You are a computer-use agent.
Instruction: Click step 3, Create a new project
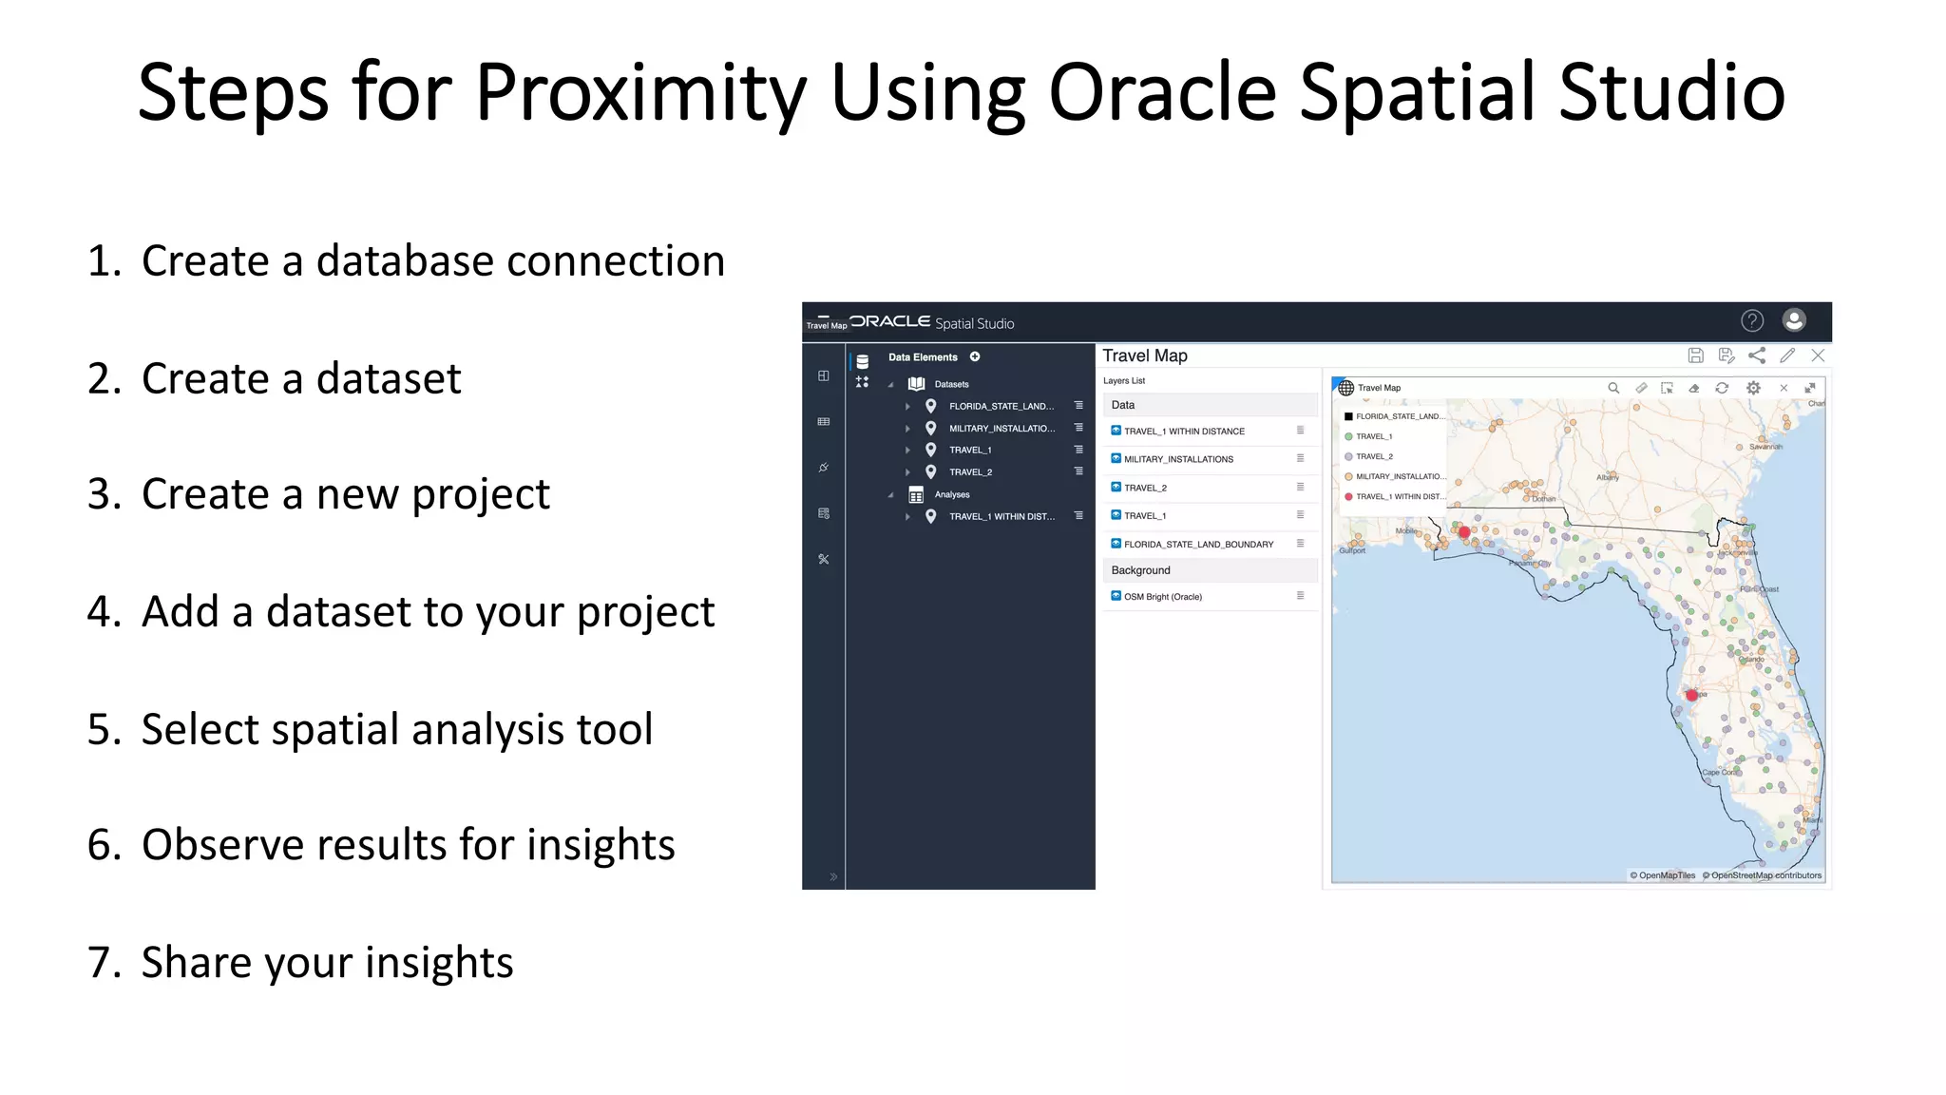pyautogui.click(x=345, y=494)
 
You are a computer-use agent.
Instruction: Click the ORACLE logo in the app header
pyautogui.click(x=890, y=321)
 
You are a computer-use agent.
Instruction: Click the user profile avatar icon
pyautogui.click(x=1793, y=320)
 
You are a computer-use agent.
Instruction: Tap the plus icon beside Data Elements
pyautogui.click(x=975, y=356)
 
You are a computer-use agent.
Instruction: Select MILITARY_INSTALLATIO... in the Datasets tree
pyautogui.click(x=1002, y=428)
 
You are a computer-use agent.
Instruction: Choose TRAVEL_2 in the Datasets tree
pyautogui.click(x=970, y=471)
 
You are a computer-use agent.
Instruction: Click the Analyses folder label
pyautogui.click(x=951, y=494)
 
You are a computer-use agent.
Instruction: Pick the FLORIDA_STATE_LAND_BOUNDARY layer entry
pyautogui.click(x=1197, y=545)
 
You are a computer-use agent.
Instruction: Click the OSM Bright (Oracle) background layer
pyautogui.click(x=1162, y=597)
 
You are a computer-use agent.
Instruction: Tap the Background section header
pyautogui.click(x=1140, y=570)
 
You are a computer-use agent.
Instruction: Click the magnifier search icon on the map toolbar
pyautogui.click(x=1612, y=388)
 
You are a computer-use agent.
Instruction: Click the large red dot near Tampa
pyautogui.click(x=1691, y=696)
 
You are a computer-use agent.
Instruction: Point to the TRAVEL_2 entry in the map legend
pyautogui.click(x=1373, y=456)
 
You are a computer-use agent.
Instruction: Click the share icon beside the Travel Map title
pyautogui.click(x=1757, y=355)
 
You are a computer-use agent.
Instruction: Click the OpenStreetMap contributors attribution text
pyautogui.click(x=1765, y=875)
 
